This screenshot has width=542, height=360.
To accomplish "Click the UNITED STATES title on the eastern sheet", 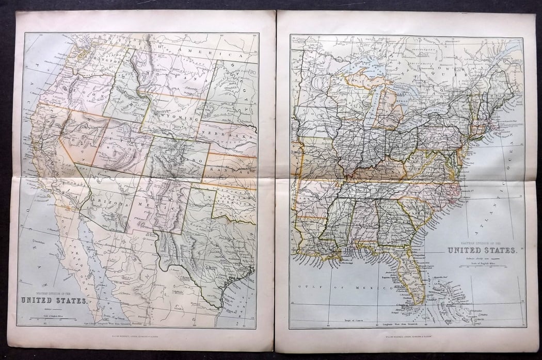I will tap(482, 250).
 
